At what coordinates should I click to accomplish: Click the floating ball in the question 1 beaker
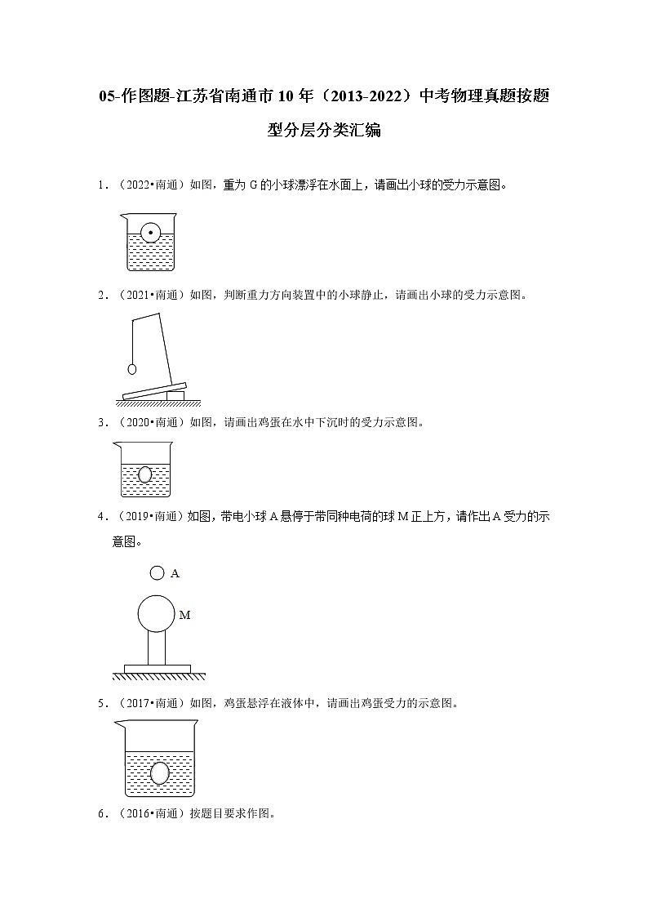(150, 234)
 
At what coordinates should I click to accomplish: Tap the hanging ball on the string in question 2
(131, 368)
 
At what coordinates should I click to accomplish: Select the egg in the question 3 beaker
(145, 474)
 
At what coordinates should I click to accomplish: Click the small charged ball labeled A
(158, 573)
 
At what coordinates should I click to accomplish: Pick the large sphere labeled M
(156, 615)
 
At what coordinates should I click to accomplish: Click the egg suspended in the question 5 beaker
(160, 772)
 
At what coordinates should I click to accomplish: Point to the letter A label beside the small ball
(175, 574)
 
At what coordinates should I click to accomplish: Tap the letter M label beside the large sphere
(184, 615)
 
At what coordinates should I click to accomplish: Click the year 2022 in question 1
(138, 185)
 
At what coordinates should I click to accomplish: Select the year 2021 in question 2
(138, 296)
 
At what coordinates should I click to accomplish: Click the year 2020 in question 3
(138, 422)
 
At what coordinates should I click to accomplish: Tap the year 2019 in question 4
(138, 516)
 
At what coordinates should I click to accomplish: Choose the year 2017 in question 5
(138, 702)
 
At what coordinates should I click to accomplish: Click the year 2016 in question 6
(138, 813)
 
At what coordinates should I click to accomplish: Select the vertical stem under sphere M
(156, 649)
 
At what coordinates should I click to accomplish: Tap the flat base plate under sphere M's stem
(157, 669)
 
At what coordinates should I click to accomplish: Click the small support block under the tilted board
(175, 395)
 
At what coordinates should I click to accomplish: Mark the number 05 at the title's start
(106, 97)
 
